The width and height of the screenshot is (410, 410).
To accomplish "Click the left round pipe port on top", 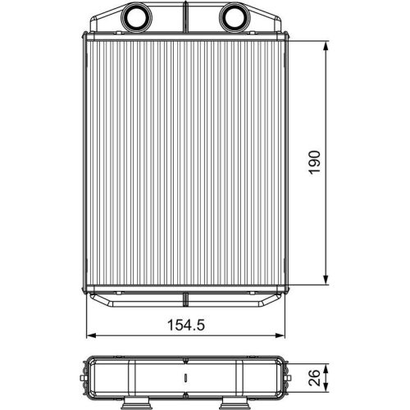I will coord(133,16).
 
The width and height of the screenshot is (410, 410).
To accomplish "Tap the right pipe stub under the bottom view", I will coord(235,404).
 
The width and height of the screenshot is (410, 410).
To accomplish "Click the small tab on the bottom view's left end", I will coord(86,379).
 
